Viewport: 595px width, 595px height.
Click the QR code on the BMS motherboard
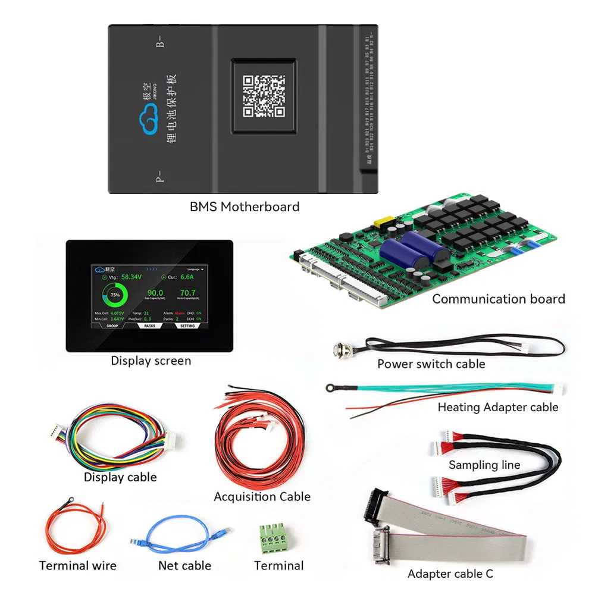click(263, 96)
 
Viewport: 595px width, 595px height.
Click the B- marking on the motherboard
click(159, 42)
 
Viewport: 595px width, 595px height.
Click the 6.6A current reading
click(188, 277)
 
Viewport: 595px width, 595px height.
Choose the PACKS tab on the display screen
click(149, 325)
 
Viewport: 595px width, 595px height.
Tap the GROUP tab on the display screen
click(112, 325)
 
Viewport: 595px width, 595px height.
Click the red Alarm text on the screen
click(180, 312)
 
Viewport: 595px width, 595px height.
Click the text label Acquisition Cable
click(262, 496)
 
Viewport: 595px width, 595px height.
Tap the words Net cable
click(184, 565)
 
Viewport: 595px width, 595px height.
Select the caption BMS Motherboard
click(244, 207)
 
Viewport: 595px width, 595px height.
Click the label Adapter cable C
click(450, 574)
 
